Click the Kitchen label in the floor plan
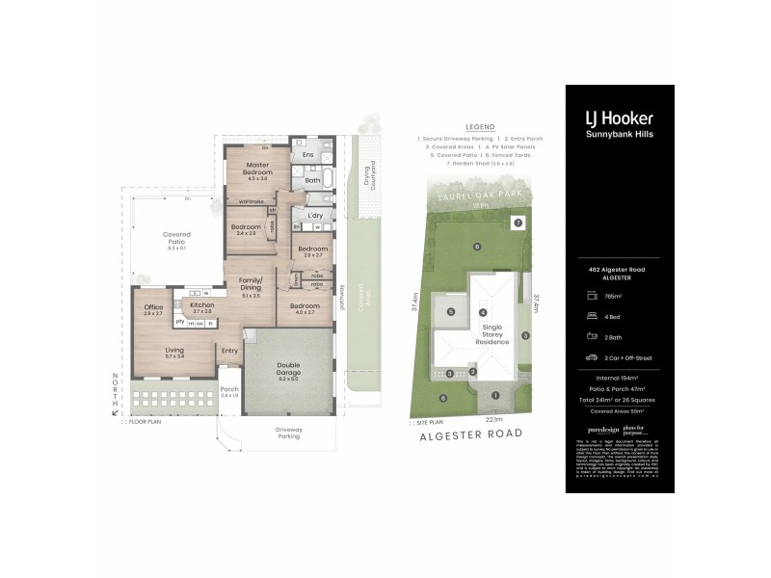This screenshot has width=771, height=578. [x=201, y=304]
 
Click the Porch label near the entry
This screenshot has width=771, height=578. [x=229, y=390]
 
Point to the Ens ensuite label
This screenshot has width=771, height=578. [x=307, y=154]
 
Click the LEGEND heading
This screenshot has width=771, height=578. [x=479, y=127]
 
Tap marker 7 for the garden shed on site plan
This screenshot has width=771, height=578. [x=518, y=223]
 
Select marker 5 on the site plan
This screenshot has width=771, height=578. [x=450, y=311]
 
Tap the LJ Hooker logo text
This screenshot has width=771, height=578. [x=619, y=118]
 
